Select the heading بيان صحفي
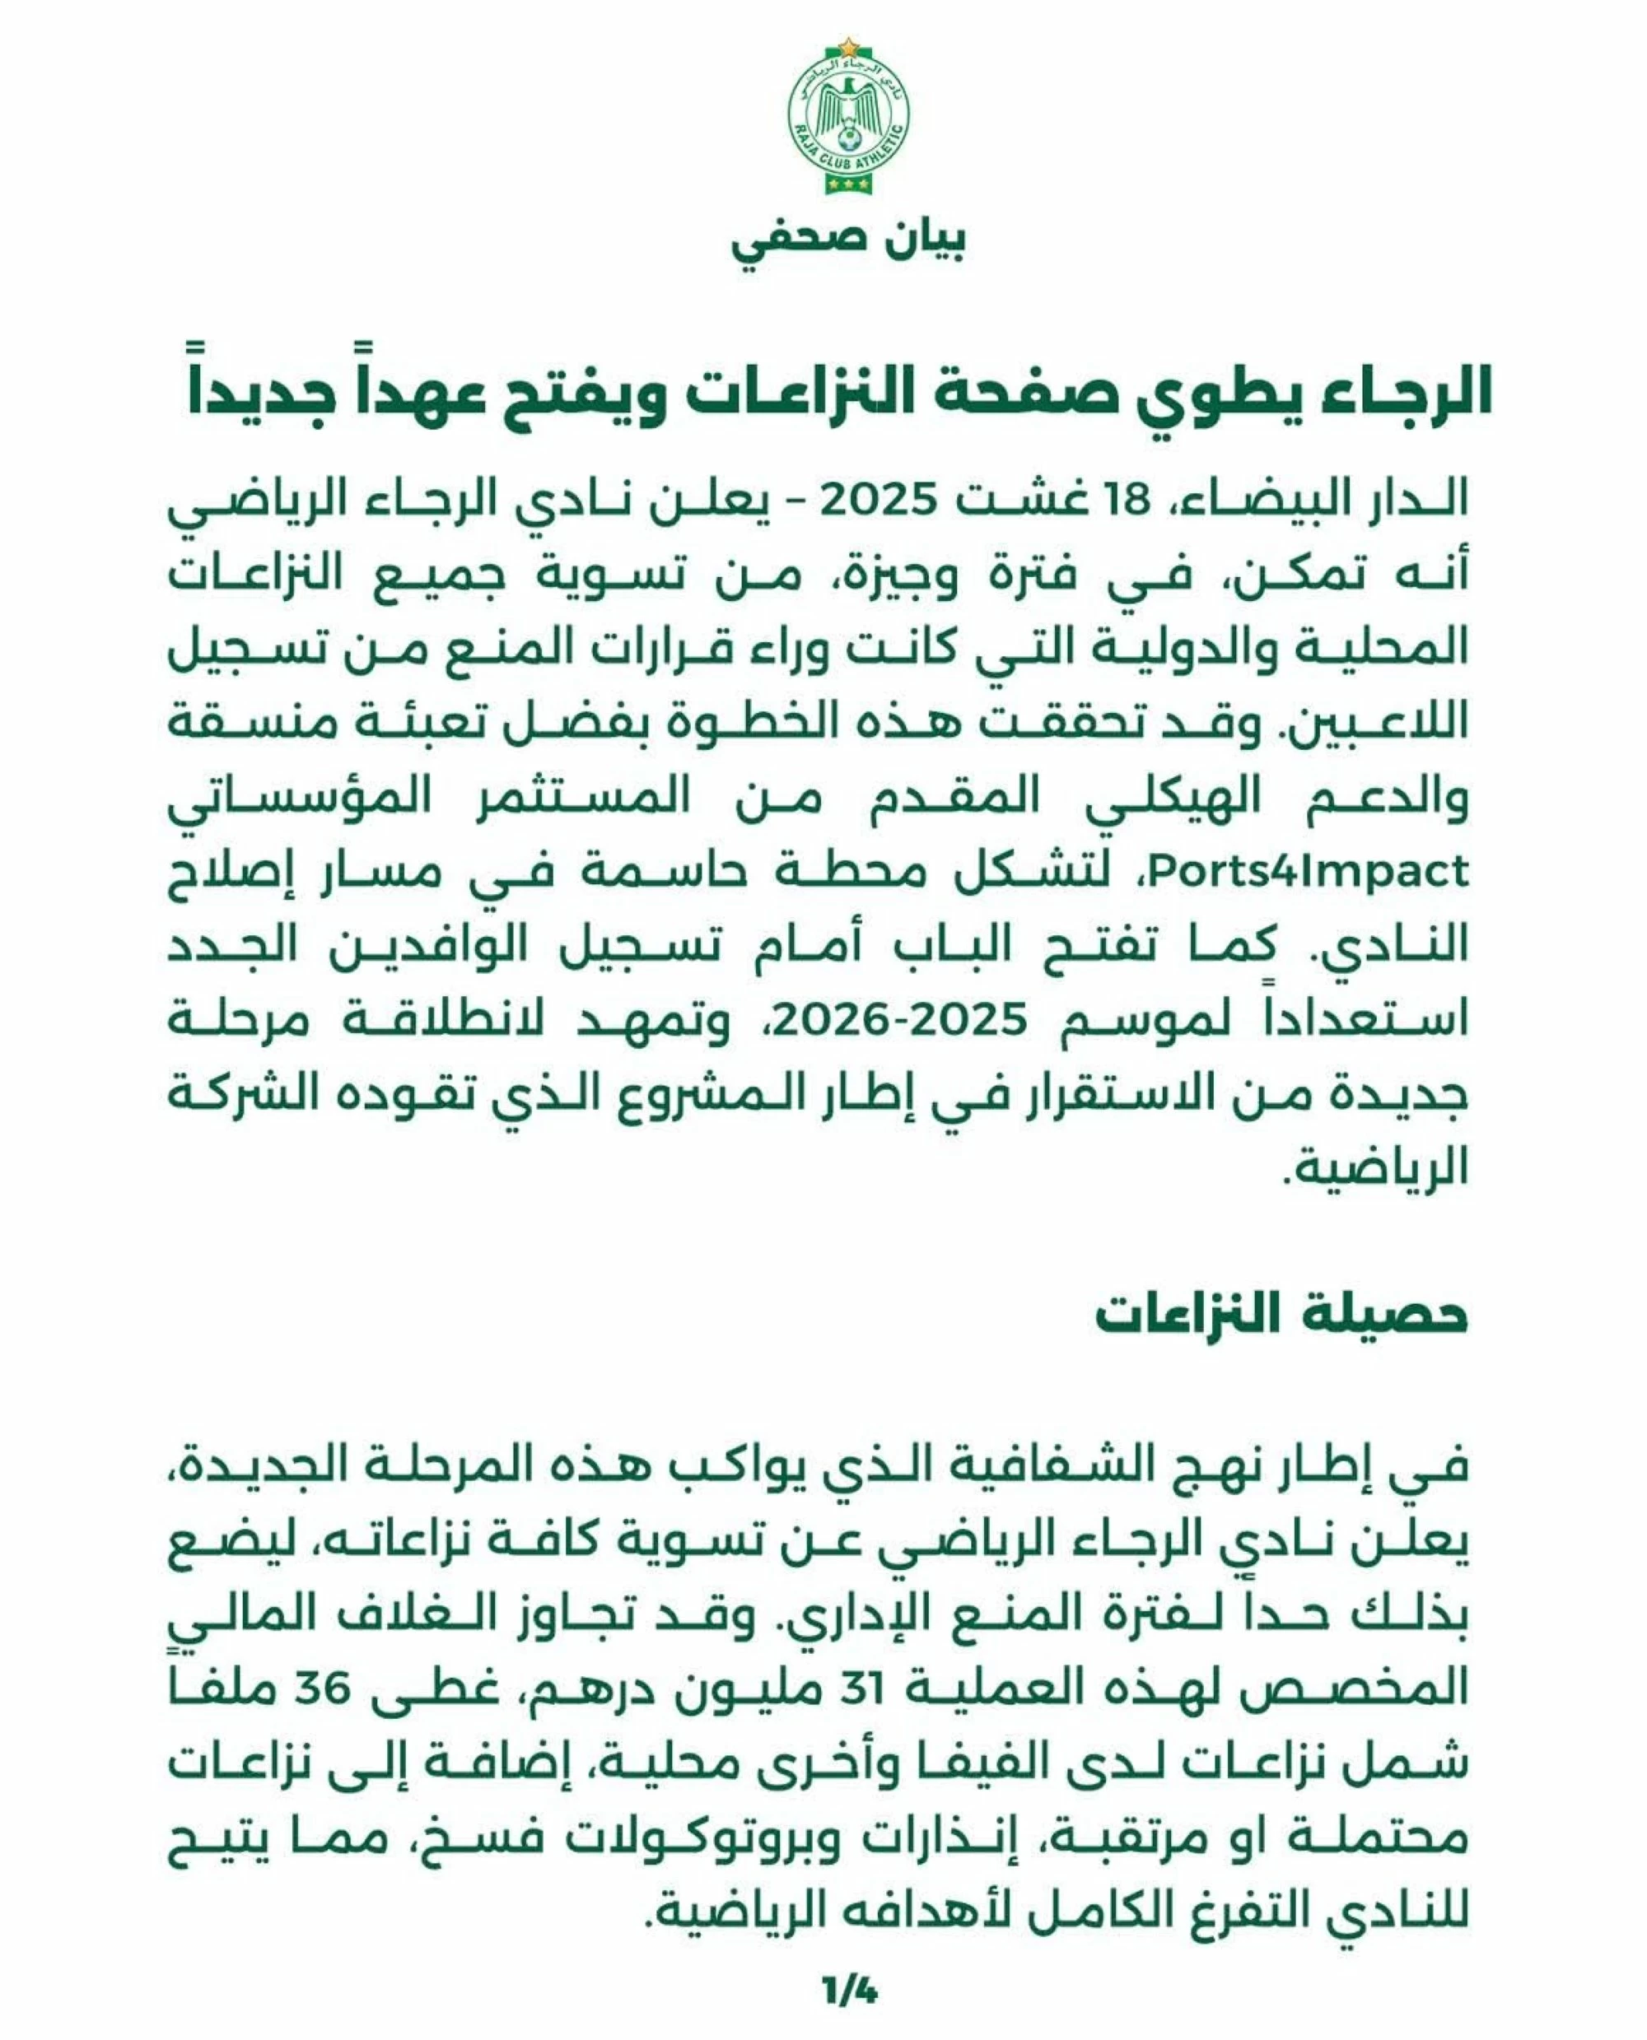(x=848, y=241)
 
